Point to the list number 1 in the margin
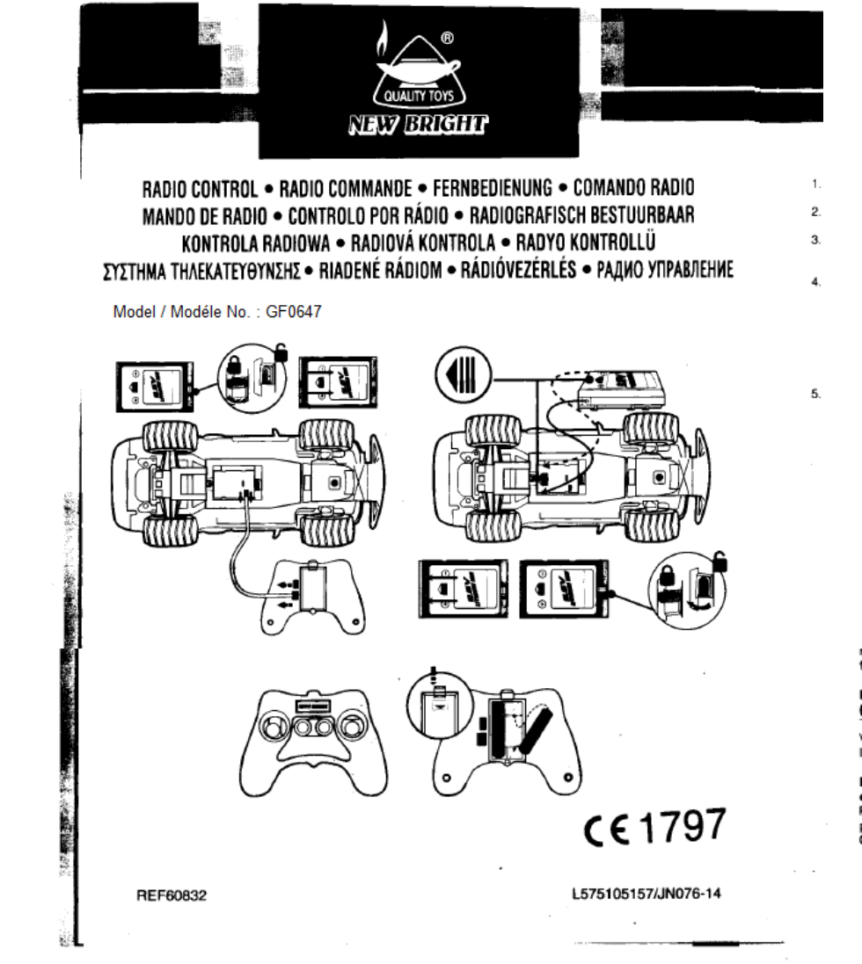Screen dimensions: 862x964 (x=815, y=185)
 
